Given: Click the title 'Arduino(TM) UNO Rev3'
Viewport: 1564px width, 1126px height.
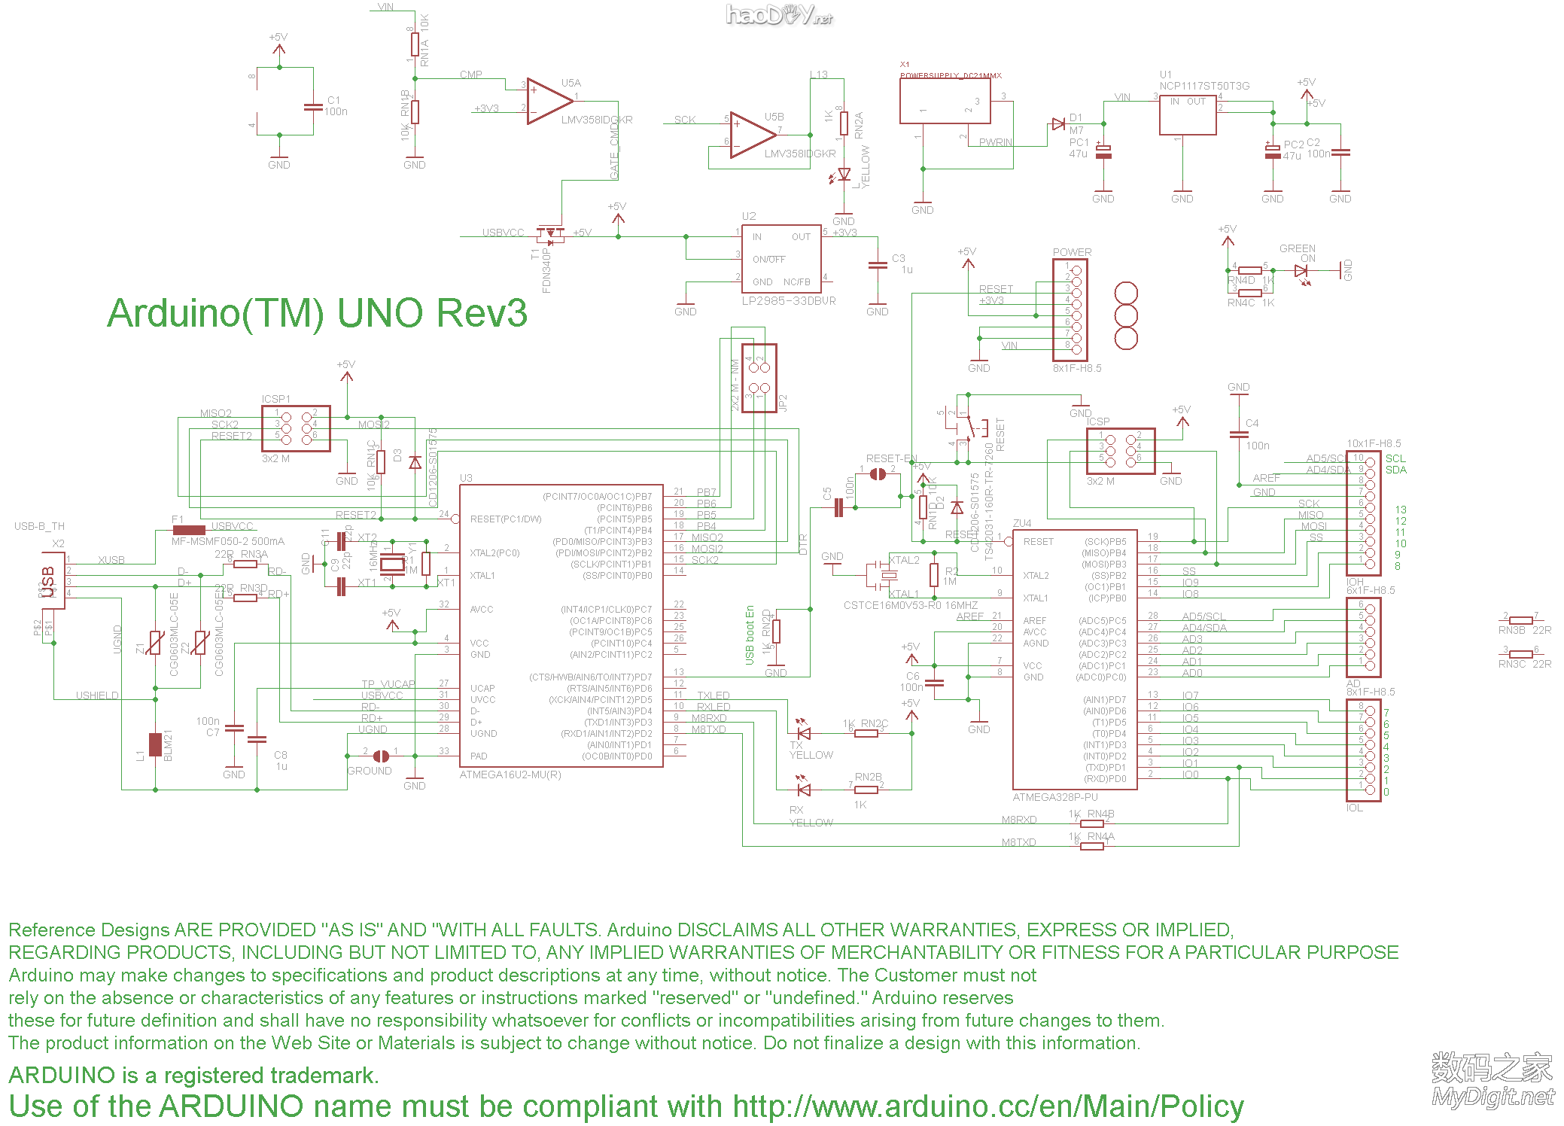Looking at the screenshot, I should pyautogui.click(x=317, y=313).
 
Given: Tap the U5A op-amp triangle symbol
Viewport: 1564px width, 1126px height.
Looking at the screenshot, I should pyautogui.click(x=547, y=101).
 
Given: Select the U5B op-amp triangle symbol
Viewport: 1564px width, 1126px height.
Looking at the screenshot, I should pyautogui.click(x=751, y=135).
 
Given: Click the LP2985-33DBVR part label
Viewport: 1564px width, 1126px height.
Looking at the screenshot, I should pyautogui.click(x=789, y=301).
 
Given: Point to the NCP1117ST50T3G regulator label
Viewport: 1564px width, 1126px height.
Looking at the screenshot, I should pyautogui.click(x=1204, y=86).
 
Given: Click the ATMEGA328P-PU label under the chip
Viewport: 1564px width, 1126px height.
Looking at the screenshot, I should pyautogui.click(x=1055, y=797).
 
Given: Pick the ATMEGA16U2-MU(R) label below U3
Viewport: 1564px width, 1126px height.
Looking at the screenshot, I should pyautogui.click(x=510, y=775).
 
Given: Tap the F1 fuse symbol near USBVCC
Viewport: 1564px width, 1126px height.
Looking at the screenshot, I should pyautogui.click(x=188, y=530).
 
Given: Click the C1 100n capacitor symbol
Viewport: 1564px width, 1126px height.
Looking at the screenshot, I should pyautogui.click(x=313, y=106).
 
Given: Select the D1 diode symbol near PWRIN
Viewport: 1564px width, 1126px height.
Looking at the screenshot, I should pyautogui.click(x=1058, y=124).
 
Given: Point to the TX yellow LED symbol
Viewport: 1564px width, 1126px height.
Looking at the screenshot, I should pyautogui.click(x=803, y=732).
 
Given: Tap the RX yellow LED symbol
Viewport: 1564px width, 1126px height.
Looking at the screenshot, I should pyautogui.click(x=803, y=790).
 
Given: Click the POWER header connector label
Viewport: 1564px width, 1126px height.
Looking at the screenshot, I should pyautogui.click(x=1072, y=252).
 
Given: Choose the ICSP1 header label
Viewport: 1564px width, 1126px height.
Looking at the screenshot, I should pyautogui.click(x=275, y=399).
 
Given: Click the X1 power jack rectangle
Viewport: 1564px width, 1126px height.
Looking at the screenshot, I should pyautogui.click(x=945, y=101).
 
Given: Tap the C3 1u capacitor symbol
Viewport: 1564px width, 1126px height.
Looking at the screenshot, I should pyautogui.click(x=878, y=265).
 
